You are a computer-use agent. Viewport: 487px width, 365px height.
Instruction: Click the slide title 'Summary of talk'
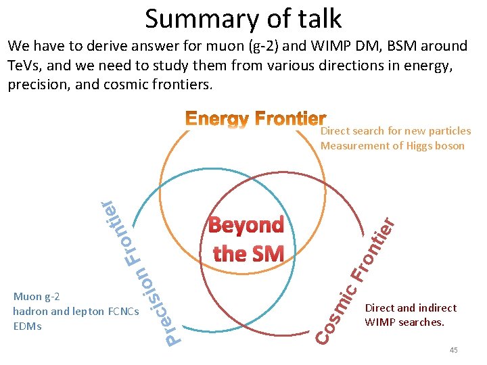point(243,19)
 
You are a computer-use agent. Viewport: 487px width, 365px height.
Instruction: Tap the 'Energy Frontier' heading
point(256,120)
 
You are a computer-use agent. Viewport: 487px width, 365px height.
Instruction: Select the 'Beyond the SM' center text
point(247,240)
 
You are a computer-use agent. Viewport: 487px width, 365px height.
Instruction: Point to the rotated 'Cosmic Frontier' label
point(356,280)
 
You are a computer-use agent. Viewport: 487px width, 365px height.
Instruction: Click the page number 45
point(453,349)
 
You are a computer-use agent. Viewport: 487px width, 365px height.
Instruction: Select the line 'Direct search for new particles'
point(396,131)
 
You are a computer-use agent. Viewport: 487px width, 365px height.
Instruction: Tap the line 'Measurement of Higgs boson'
point(392,146)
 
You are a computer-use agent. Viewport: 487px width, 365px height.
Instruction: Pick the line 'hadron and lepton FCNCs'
point(76,312)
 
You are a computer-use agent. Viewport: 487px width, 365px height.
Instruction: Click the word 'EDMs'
point(27,326)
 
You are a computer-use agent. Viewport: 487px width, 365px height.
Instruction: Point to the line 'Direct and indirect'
point(411,308)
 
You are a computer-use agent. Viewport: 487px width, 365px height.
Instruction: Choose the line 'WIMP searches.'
point(404,322)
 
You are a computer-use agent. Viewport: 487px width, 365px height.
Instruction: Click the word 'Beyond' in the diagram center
point(246,226)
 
